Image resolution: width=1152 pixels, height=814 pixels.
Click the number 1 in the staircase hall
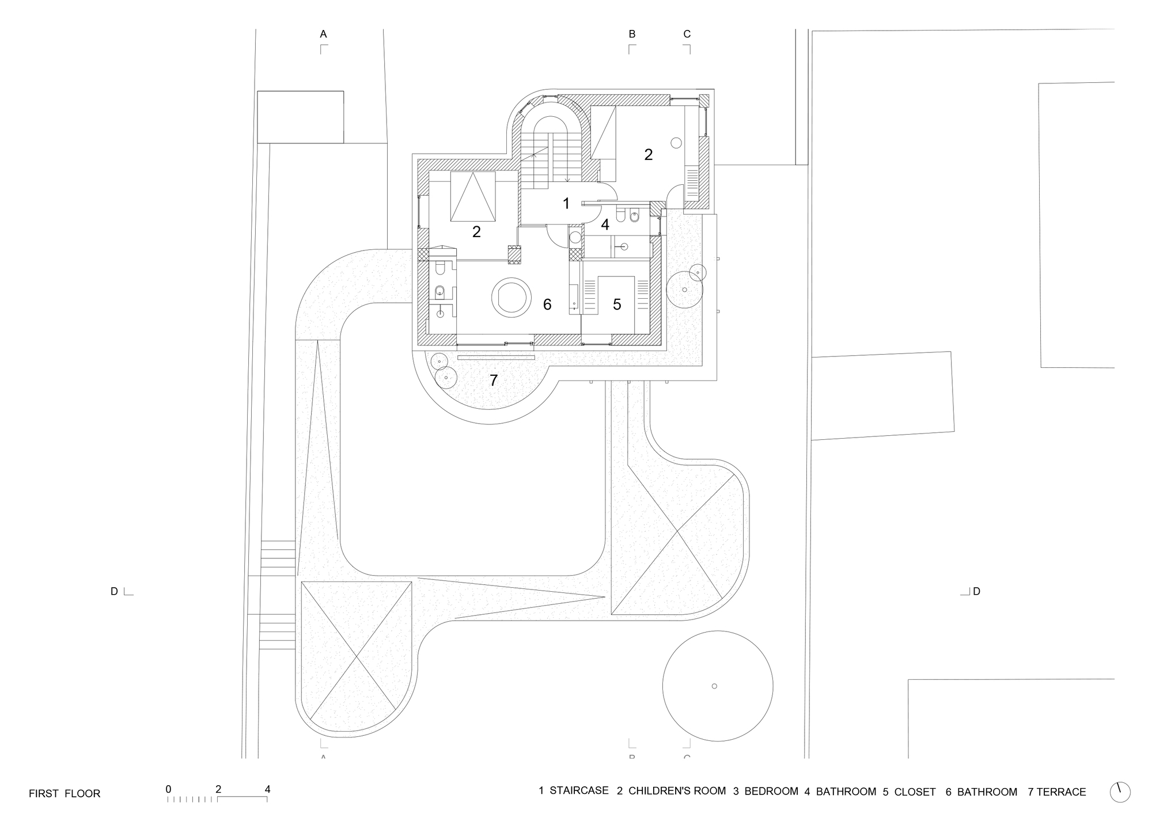pos(566,203)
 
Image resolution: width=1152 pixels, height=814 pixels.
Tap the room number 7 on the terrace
pos(494,381)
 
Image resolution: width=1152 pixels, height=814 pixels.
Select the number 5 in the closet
pos(617,305)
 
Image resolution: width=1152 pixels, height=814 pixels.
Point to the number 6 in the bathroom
pos(547,305)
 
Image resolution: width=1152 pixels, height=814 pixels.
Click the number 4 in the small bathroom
pos(605,225)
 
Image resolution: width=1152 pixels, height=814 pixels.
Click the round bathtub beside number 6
pos(510,297)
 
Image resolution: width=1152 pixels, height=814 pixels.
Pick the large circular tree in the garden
pos(718,686)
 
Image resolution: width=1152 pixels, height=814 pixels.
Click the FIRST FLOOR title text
pos(65,794)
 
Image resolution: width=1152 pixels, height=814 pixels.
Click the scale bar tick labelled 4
pos(267,790)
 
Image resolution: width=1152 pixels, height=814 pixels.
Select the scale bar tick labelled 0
pos(168,790)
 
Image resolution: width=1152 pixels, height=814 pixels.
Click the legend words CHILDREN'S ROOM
pos(677,791)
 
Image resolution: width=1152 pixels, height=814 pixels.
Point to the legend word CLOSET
pos(915,792)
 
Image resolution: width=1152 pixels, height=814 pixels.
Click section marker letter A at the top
pos(324,35)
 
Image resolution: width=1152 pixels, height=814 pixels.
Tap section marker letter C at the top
pos(687,35)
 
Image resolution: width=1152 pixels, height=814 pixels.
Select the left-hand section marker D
pos(114,591)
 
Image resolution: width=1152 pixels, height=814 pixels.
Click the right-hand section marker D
pos(976,591)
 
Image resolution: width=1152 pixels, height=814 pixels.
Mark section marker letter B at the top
pos(632,35)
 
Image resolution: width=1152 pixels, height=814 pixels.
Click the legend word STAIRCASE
pos(579,791)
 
